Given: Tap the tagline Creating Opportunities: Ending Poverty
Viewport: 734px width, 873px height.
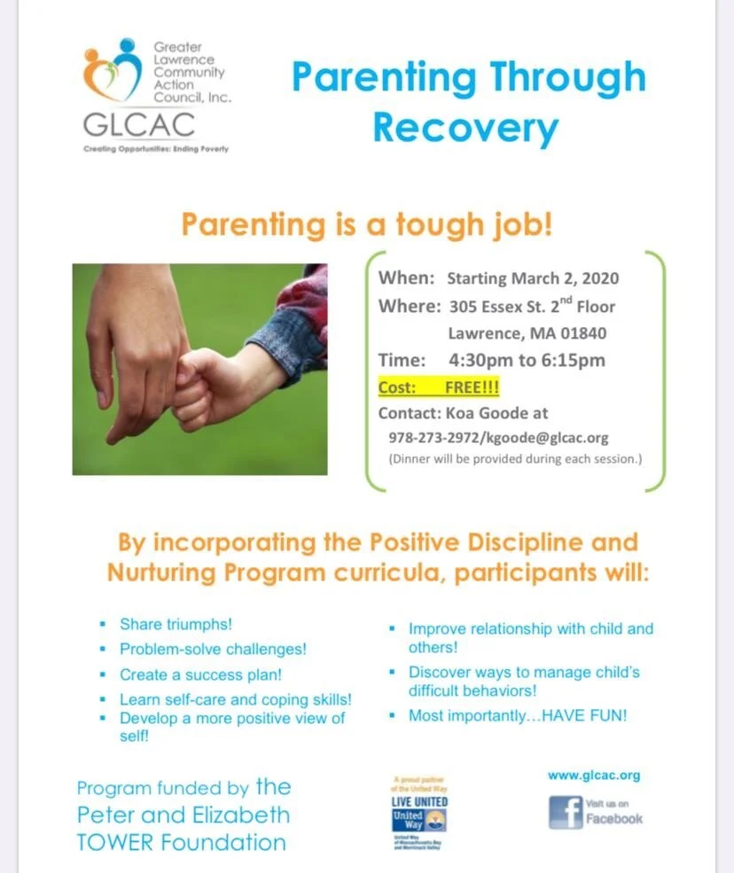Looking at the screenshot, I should pos(156,149).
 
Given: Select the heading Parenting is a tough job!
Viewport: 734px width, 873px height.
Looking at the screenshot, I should pos(367,224).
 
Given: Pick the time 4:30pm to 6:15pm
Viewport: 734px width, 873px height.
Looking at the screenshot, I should pos(527,361).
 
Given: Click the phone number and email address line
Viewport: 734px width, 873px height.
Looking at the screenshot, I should pos(498,438).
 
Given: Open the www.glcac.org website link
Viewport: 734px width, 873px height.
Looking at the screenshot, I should pos(593,776).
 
